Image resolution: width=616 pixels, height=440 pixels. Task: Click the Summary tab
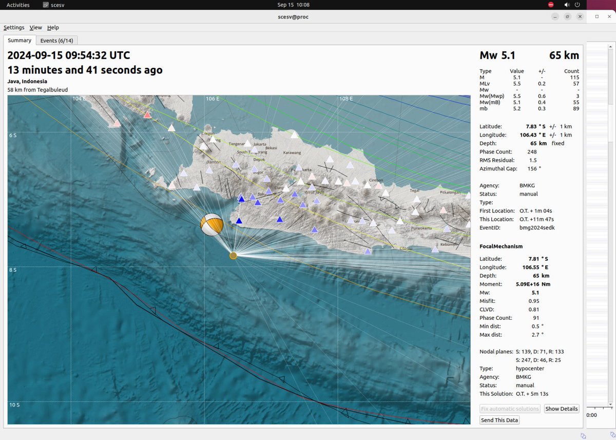(20, 40)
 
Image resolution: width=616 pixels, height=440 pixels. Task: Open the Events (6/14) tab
(56, 41)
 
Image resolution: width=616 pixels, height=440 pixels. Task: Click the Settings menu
(14, 27)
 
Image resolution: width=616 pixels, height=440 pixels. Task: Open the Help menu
(53, 27)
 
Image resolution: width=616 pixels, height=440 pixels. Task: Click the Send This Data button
(499, 420)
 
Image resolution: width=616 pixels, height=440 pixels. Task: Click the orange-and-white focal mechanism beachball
(211, 224)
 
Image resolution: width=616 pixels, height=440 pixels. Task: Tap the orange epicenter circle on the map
(233, 255)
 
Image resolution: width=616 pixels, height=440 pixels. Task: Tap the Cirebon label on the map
(376, 181)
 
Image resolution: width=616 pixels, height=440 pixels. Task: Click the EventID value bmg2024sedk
(537, 227)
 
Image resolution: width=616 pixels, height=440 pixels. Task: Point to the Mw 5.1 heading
(497, 55)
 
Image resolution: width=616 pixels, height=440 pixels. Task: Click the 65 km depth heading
(564, 55)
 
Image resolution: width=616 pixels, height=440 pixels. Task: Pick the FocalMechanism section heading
(501, 246)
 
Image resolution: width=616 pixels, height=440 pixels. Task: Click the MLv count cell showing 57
(575, 83)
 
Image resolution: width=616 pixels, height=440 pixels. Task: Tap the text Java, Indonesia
(27, 81)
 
